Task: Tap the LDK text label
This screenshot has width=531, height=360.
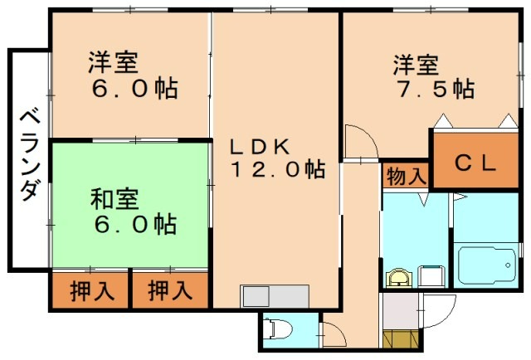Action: tap(259, 147)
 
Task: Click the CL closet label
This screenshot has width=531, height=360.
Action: tap(475, 163)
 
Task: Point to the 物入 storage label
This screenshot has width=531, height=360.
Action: tap(406, 176)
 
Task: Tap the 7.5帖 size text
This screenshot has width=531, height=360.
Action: tap(434, 88)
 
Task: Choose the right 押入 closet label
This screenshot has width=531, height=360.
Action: tap(170, 291)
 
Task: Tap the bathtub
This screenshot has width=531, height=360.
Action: tap(486, 265)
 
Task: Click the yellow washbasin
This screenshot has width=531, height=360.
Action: tap(400, 277)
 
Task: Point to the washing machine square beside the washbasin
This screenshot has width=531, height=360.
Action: tap(430, 276)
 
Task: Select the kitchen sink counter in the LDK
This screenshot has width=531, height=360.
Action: tap(275, 296)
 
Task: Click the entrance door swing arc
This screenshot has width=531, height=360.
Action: tap(440, 311)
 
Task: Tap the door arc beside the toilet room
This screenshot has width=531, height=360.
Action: tap(332, 333)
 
